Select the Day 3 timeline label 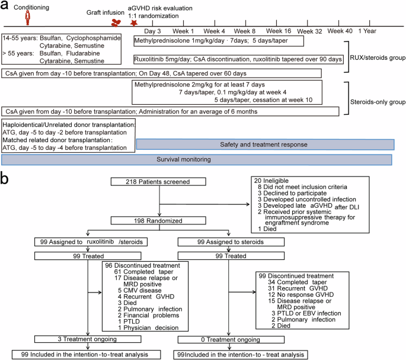[x=152, y=30]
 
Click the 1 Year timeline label [x=369, y=30]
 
